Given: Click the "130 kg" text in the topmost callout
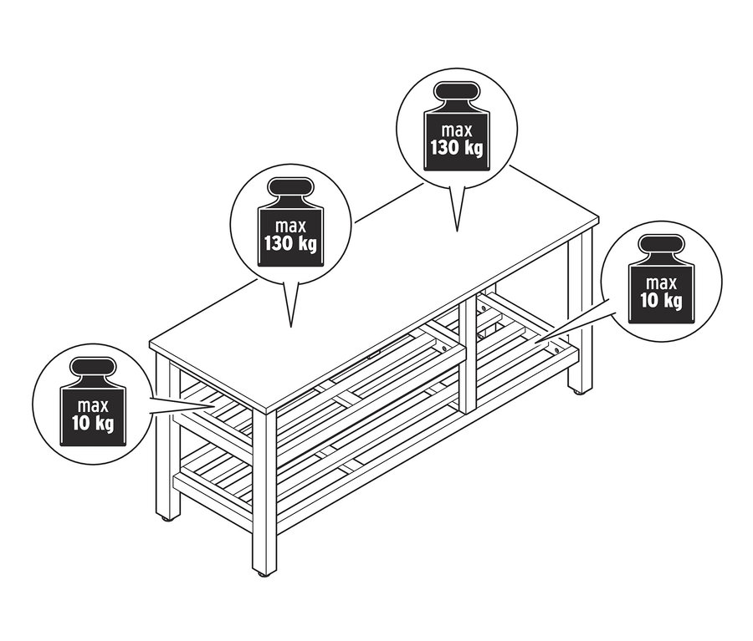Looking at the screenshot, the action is click(456, 148).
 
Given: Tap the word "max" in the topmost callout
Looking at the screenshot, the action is click(457, 130).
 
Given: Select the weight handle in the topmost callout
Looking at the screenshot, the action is click(457, 92).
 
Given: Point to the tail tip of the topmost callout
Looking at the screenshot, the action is click(457, 231).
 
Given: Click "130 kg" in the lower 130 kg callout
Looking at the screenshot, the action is click(290, 244).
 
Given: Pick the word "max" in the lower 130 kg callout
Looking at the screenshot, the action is click(290, 226).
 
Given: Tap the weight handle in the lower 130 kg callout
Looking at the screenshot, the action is click(290, 188).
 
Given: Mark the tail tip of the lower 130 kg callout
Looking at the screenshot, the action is click(290, 328).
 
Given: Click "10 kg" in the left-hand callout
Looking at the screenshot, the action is click(93, 424).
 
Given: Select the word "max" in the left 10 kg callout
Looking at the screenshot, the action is click(93, 406).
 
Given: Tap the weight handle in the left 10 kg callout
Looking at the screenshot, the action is click(93, 368).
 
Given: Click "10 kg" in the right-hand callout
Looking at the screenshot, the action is click(661, 301).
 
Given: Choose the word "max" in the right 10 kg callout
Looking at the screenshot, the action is click(661, 283).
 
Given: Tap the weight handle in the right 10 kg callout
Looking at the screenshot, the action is click(661, 245).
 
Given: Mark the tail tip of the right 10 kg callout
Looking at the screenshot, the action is click(537, 341).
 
